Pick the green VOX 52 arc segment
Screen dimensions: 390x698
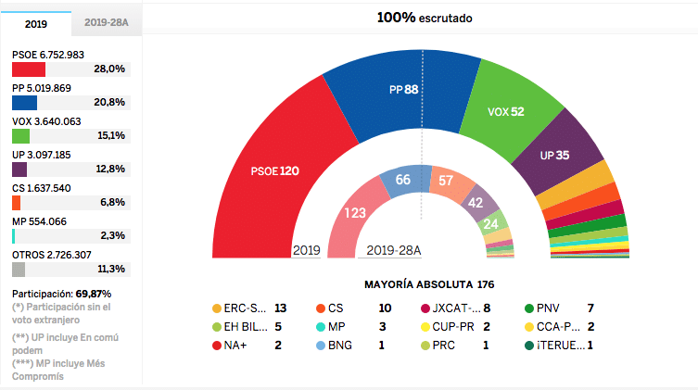[x=505, y=111]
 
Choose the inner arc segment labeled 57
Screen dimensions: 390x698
[x=446, y=181]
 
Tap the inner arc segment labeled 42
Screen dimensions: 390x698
[x=475, y=202]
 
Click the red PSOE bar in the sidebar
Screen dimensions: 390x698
[x=28, y=69]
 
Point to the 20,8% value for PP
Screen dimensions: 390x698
[x=108, y=103]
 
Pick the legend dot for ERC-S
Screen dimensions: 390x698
[x=217, y=308]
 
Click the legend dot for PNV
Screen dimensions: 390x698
[x=529, y=308]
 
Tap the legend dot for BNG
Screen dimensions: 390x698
[x=321, y=346]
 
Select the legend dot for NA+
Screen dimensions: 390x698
[x=217, y=346]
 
